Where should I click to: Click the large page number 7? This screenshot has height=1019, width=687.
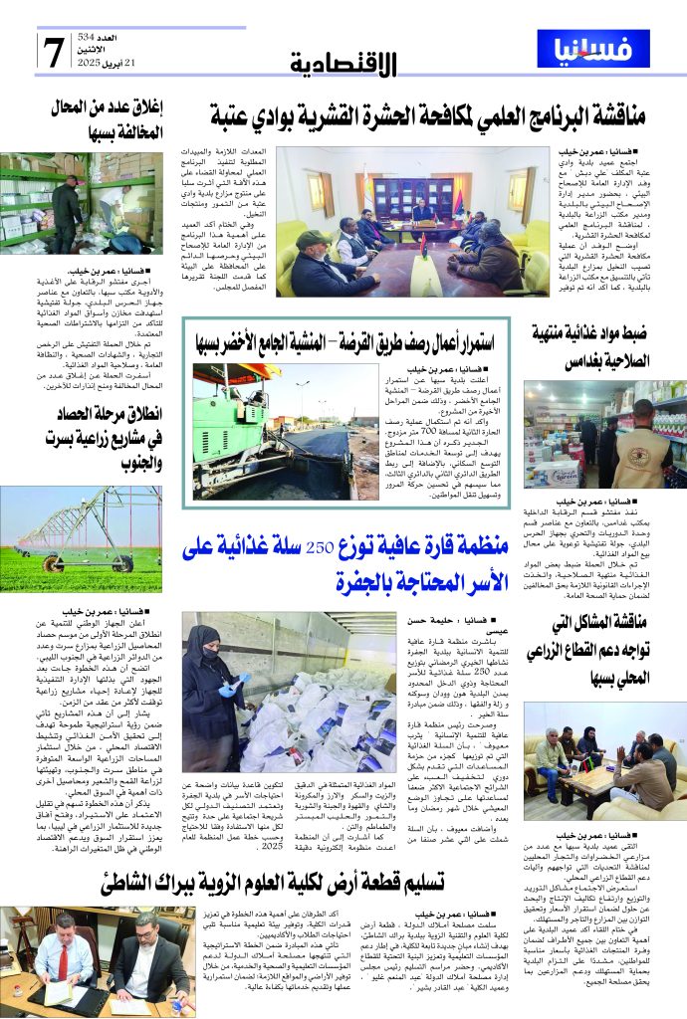(x=53, y=52)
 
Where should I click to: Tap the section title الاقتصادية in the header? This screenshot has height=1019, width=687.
(x=343, y=65)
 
